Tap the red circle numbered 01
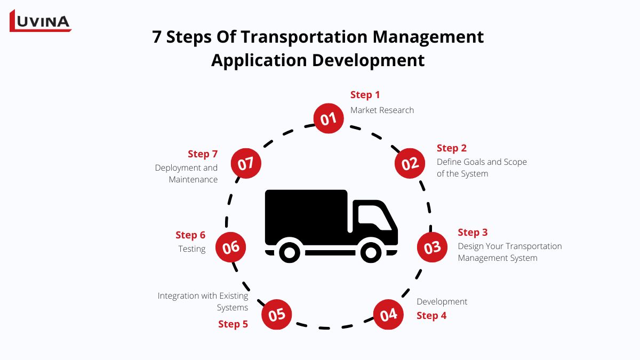coord(329,118)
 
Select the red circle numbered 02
coord(410,163)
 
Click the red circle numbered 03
coord(433,247)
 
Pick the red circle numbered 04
coord(388,315)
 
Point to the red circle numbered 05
coord(277,315)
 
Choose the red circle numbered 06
coord(231,247)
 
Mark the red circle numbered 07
coord(246,163)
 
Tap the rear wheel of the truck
coord(290,252)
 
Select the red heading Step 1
coord(365,95)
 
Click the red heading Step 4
coord(431,316)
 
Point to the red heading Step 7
coord(203,154)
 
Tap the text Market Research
coord(382,110)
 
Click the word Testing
coord(191,249)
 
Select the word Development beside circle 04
coord(442,301)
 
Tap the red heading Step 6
coord(190,235)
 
